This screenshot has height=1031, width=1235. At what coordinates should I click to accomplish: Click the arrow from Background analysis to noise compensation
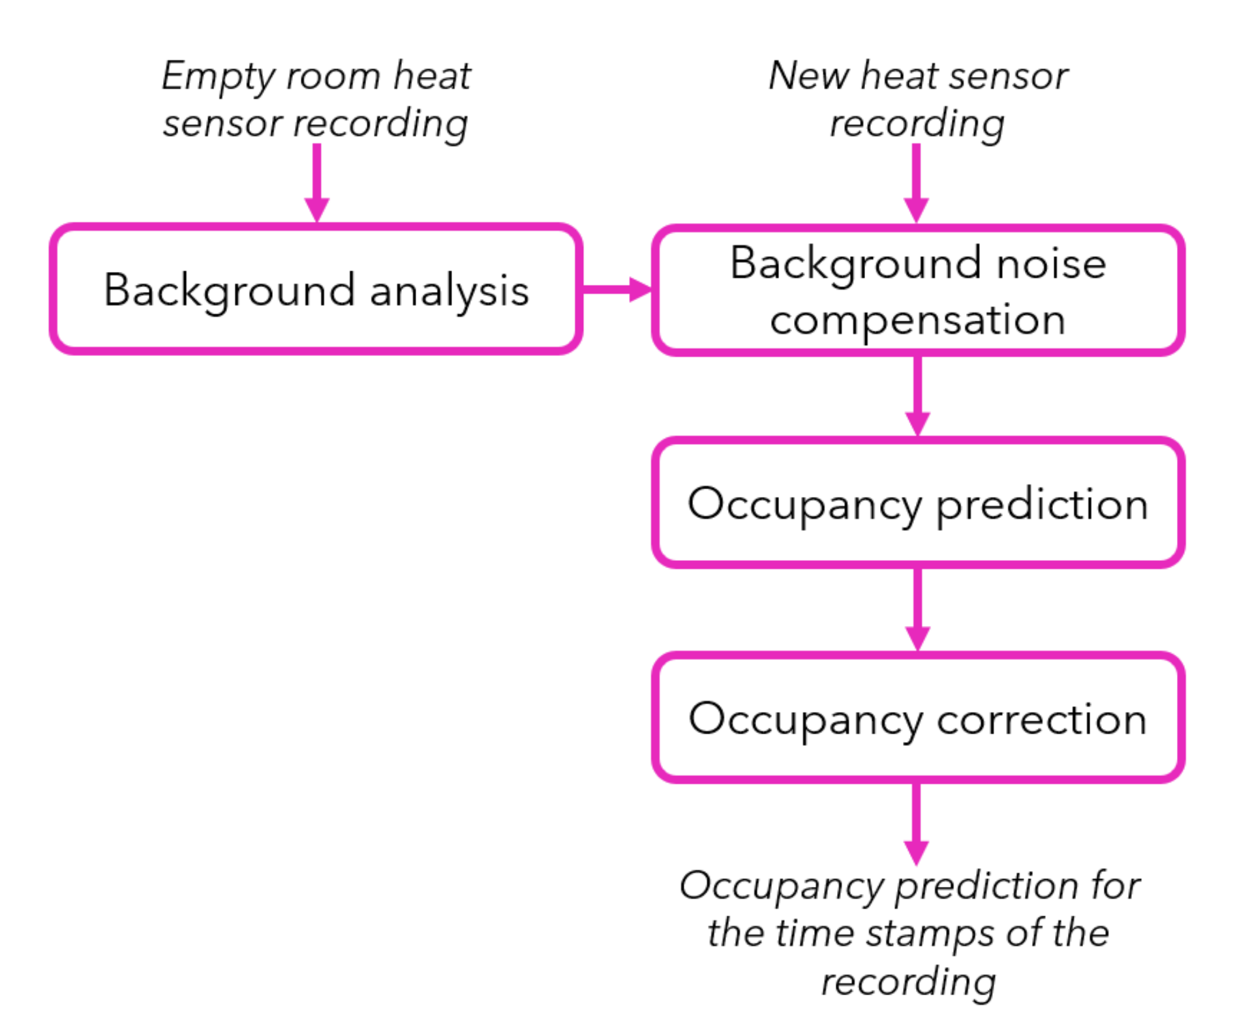pyautogui.click(x=615, y=289)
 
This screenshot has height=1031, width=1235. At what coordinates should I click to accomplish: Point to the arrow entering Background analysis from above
pyautogui.click(x=317, y=183)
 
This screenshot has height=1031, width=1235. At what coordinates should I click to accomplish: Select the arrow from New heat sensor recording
pyautogui.click(x=916, y=183)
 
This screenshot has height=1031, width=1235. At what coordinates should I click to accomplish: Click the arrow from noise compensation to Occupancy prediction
pyautogui.click(x=917, y=395)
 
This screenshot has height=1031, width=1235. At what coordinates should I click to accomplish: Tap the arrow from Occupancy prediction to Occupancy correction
pyautogui.click(x=917, y=609)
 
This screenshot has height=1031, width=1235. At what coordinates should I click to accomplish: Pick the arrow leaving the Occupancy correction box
pyautogui.click(x=916, y=823)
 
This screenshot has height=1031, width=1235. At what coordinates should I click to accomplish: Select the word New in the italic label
pyautogui.click(x=808, y=76)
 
